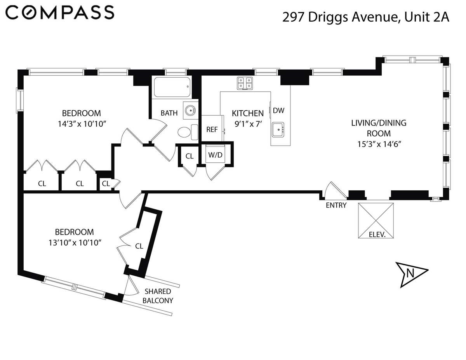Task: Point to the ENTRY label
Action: pos(336,205)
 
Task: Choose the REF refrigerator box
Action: pos(212,129)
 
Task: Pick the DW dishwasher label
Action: pos(278,110)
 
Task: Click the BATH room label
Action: pos(169,113)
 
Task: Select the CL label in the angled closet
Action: pos(139,246)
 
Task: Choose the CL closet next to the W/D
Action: pos(190,156)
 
